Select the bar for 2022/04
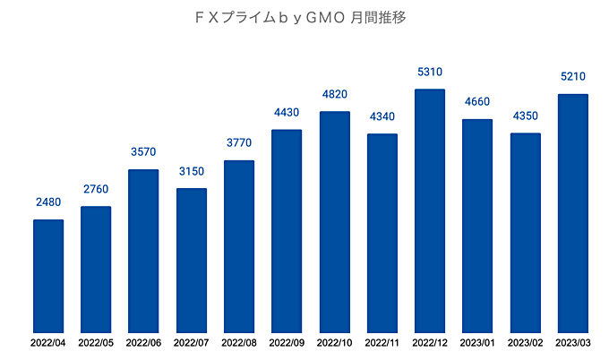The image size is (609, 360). click(48, 276)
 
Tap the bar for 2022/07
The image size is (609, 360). click(192, 260)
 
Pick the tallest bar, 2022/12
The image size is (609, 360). click(430, 210)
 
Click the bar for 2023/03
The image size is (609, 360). click(573, 213)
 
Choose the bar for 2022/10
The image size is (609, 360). click(334, 221)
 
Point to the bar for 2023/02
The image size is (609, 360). click(526, 233)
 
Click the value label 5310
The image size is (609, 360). click(430, 73)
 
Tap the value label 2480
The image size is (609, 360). click(48, 203)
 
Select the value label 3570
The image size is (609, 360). click(143, 153)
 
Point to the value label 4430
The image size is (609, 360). click(287, 113)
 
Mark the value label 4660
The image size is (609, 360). click(477, 103)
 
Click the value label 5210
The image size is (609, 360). click(573, 78)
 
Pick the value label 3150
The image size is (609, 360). click(192, 172)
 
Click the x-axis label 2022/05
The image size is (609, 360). click(96, 343)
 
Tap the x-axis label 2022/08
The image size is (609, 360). click(239, 343)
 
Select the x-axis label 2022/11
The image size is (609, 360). click(382, 343)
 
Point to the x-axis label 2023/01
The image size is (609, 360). click(477, 343)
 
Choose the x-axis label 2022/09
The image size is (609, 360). click(287, 343)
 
